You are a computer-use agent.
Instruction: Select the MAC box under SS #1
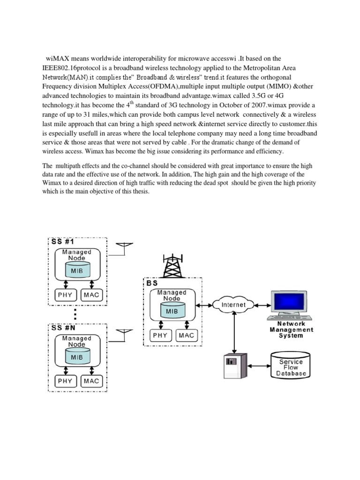pyautogui.click(x=91, y=295)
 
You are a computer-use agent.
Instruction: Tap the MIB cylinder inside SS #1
pyautogui.click(x=77, y=271)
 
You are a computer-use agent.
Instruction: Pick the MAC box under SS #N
pyautogui.click(x=91, y=381)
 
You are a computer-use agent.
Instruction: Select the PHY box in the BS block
pyautogui.click(x=160, y=335)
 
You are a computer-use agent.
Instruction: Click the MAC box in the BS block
pyautogui.click(x=186, y=335)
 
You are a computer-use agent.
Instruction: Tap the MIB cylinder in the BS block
pyautogui.click(x=172, y=310)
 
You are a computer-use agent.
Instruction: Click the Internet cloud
pyautogui.click(x=233, y=305)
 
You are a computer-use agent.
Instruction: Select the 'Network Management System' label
pyautogui.click(x=291, y=330)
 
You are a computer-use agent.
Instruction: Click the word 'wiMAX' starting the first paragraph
pyautogui.click(x=56, y=59)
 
